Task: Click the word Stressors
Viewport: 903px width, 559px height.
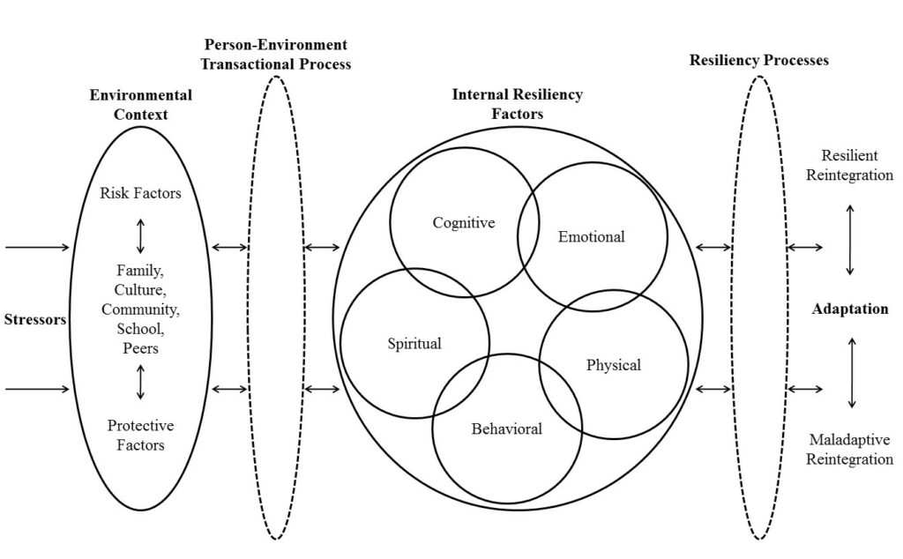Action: pyautogui.click(x=35, y=319)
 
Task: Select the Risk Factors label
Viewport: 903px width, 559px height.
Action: pyautogui.click(x=140, y=193)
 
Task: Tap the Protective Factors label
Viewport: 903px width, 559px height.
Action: pyautogui.click(x=140, y=435)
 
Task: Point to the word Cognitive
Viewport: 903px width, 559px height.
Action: pyautogui.click(x=463, y=223)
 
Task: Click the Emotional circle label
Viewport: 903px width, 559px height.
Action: pyautogui.click(x=591, y=236)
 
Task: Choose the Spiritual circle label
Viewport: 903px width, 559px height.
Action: pyautogui.click(x=414, y=343)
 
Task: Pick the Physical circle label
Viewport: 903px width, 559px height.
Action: pyautogui.click(x=613, y=364)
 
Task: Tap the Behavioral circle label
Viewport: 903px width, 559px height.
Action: pyautogui.click(x=506, y=429)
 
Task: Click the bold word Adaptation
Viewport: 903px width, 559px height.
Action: pyautogui.click(x=850, y=309)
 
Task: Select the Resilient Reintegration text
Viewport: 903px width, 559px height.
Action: pyautogui.click(x=850, y=166)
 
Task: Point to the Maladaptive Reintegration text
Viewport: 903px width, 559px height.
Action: pyautogui.click(x=849, y=449)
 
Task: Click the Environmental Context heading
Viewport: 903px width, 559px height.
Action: pyautogui.click(x=140, y=104)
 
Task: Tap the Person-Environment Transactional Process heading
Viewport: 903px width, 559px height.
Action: pyautogui.click(x=276, y=54)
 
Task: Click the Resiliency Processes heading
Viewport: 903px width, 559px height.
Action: pyautogui.click(x=757, y=60)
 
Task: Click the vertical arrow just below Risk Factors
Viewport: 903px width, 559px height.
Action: pyautogui.click(x=140, y=235)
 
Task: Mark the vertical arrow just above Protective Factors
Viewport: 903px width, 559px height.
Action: pyautogui.click(x=140, y=383)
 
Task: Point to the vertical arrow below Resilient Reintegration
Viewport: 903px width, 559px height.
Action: pyautogui.click(x=850, y=240)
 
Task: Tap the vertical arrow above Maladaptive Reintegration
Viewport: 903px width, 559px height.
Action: pyautogui.click(x=851, y=372)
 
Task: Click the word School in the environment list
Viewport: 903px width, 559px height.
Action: pyautogui.click(x=140, y=328)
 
